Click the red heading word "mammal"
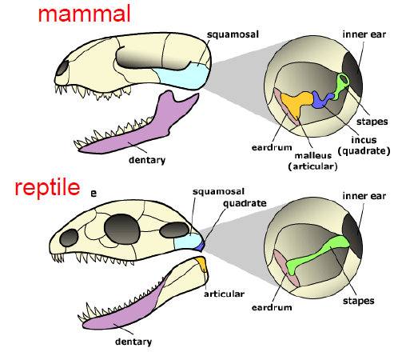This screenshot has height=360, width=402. click(84, 14)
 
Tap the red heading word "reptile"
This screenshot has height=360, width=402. click(47, 188)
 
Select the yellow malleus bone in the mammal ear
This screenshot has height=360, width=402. click(297, 102)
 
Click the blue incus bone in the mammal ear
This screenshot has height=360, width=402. click(322, 99)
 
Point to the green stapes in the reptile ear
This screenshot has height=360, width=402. click(317, 254)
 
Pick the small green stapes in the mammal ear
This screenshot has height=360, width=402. click(340, 86)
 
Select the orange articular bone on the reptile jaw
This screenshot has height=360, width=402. click(201, 263)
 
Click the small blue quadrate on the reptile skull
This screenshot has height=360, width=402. click(200, 246)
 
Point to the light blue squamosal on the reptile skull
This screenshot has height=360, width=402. click(186, 242)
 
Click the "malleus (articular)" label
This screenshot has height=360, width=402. click(313, 161)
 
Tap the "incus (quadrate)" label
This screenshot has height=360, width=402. click(364, 146)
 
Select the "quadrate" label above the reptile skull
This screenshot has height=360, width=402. click(245, 203)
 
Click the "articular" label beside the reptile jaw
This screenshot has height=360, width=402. click(224, 294)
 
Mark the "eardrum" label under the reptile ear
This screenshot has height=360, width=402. click(272, 307)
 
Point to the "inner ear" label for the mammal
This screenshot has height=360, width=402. click(364, 34)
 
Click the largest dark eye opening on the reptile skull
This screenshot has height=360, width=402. click(122, 229)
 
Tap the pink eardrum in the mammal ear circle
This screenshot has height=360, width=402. click(285, 106)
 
